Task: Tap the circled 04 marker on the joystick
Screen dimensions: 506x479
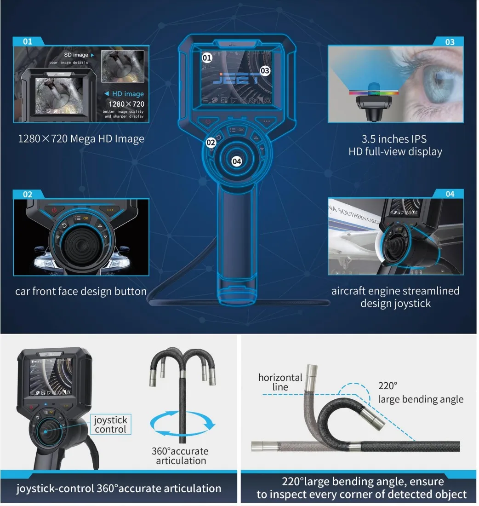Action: click(x=237, y=161)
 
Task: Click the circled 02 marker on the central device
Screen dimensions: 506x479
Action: click(x=211, y=143)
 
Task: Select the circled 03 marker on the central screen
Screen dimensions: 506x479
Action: click(x=265, y=70)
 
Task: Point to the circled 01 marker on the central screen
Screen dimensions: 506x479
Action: click(x=207, y=57)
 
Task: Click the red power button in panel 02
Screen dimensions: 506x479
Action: click(x=54, y=210)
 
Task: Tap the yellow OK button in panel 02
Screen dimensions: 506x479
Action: click(x=86, y=218)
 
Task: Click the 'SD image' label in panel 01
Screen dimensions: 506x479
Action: click(x=76, y=55)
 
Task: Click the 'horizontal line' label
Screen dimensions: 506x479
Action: click(x=280, y=382)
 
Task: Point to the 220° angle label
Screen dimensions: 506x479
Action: click(x=387, y=386)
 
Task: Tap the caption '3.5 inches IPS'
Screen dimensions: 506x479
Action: click(x=395, y=139)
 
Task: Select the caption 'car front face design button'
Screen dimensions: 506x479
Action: click(x=81, y=291)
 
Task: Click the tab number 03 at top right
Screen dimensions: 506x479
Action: click(x=450, y=42)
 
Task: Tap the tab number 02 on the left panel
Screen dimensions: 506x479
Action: click(x=28, y=194)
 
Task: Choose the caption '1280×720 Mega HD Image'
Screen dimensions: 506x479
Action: click(x=81, y=138)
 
